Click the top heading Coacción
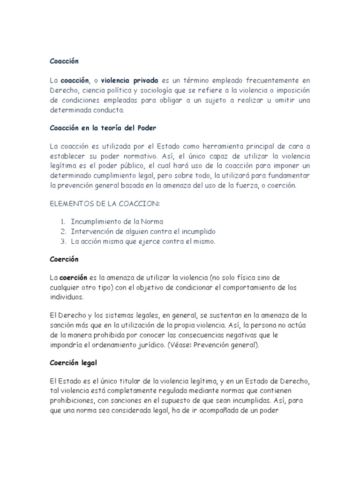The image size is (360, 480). point(64,61)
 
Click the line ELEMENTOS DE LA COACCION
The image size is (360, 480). point(105,204)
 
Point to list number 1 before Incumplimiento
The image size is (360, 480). point(63,222)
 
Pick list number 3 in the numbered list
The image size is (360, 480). point(63,241)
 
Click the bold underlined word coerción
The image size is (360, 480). point(74,277)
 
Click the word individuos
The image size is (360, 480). point(67,297)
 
